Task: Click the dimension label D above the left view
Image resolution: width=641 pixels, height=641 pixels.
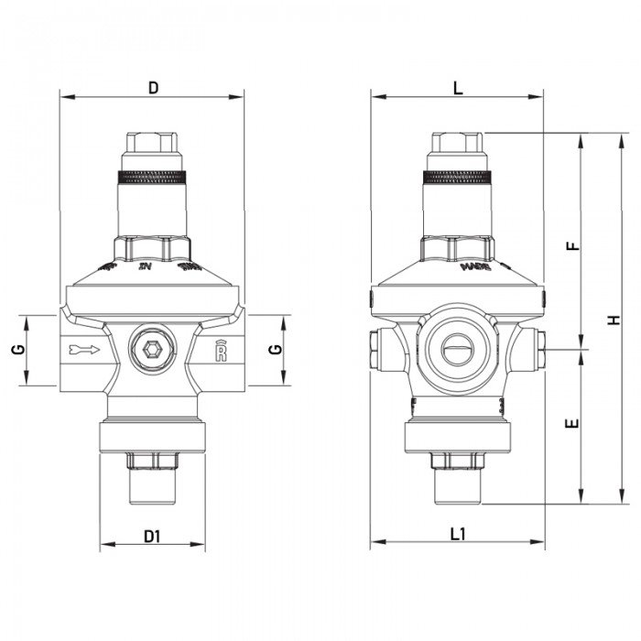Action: pyautogui.click(x=153, y=88)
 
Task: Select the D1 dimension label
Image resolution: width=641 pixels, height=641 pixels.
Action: pyautogui.click(x=152, y=538)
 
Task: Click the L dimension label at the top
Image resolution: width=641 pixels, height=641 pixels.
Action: pyautogui.click(x=458, y=88)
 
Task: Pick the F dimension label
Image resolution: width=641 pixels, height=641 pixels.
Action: pyautogui.click(x=572, y=246)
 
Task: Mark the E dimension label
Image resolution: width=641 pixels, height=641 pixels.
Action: pyautogui.click(x=572, y=425)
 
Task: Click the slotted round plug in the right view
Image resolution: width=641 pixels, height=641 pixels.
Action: pyautogui.click(x=458, y=349)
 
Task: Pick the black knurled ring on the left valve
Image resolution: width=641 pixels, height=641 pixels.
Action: pyautogui.click(x=154, y=177)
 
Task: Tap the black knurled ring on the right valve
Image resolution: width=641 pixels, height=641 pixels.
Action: pyautogui.click(x=458, y=177)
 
